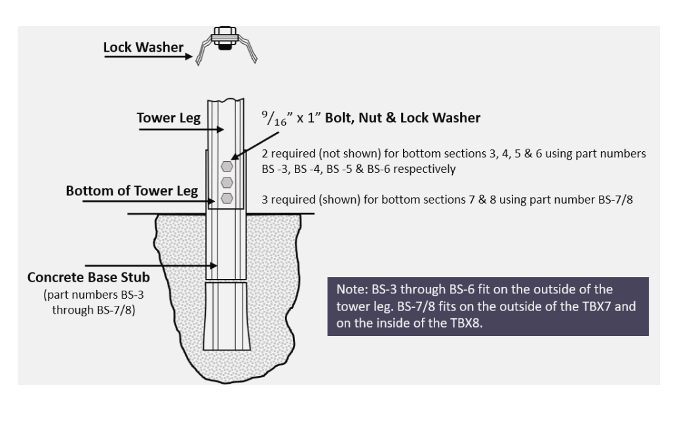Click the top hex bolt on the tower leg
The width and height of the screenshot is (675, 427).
[227, 166]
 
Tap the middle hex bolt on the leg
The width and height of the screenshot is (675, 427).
[227, 181]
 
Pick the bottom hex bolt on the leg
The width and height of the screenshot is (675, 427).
[227, 196]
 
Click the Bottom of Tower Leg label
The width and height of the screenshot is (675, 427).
[141, 192]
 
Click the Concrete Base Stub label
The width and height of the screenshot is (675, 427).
[93, 278]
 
